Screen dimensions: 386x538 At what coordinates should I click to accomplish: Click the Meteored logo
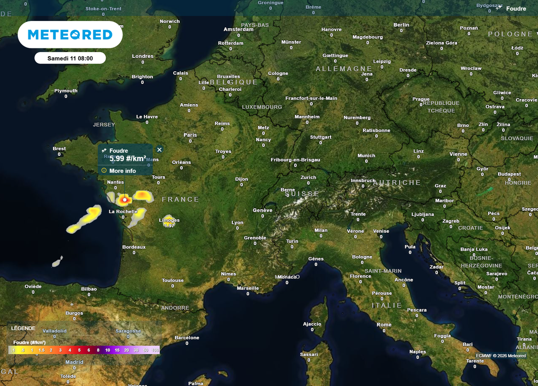click(x=70, y=35)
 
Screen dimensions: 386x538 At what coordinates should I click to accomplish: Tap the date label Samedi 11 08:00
click(x=70, y=58)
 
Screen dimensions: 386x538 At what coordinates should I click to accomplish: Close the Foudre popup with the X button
click(x=160, y=150)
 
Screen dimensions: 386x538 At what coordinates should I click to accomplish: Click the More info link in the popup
click(x=122, y=171)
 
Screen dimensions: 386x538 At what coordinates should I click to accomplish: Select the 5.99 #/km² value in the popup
click(x=127, y=158)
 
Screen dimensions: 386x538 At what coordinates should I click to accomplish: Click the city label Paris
click(x=190, y=135)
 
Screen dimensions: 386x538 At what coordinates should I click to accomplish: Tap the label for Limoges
click(x=169, y=220)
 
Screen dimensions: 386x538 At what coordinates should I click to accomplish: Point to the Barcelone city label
click(x=187, y=338)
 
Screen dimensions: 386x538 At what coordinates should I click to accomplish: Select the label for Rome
click(x=384, y=325)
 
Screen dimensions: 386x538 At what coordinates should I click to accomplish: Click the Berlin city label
click(x=401, y=25)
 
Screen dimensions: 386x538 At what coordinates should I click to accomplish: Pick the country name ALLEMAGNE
click(x=344, y=69)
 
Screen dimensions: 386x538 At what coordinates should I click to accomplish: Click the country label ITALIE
click(x=387, y=305)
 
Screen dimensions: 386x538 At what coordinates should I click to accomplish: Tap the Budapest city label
click(x=509, y=174)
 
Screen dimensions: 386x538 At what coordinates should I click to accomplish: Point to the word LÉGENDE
click(x=23, y=328)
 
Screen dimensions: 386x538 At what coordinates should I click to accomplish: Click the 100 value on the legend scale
click(x=155, y=350)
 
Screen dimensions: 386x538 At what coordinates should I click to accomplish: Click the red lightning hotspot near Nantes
click(x=125, y=199)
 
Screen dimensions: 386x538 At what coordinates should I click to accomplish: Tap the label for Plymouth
click(x=66, y=91)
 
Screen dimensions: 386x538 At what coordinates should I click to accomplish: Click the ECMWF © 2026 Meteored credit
click(x=501, y=356)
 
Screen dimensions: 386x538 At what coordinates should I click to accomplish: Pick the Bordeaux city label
click(x=133, y=247)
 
